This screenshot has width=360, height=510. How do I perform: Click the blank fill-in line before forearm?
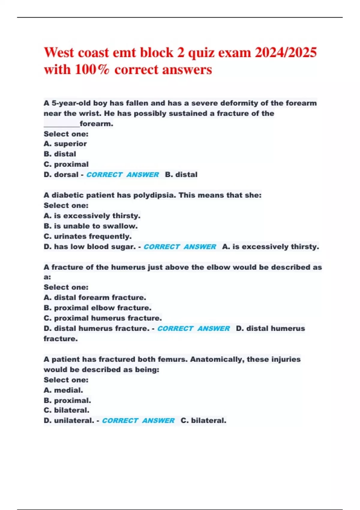(x=61, y=124)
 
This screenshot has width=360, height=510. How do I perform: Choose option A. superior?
(x=65, y=144)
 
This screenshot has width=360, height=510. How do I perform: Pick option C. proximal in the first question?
(x=66, y=164)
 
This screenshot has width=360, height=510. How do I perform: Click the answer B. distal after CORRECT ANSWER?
(x=181, y=175)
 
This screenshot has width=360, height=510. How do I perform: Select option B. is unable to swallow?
(x=91, y=226)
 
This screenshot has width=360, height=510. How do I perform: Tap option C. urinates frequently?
(x=88, y=236)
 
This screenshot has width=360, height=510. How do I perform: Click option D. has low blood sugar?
(x=90, y=247)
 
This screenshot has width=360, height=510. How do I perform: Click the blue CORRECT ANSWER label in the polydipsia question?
(x=180, y=247)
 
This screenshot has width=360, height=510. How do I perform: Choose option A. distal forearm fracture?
(x=95, y=298)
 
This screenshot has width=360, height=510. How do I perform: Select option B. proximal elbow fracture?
(x=97, y=308)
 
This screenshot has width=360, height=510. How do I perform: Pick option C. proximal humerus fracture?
(x=103, y=318)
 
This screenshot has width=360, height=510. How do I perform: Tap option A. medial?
(x=63, y=390)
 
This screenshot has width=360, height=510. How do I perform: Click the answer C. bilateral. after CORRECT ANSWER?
(x=203, y=421)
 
